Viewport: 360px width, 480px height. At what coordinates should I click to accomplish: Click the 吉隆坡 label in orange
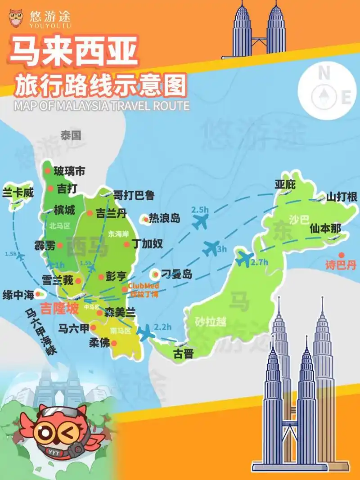point(59,309)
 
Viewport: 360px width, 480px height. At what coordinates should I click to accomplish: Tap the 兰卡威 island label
point(18,193)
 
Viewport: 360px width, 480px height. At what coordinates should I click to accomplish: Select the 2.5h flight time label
point(200,210)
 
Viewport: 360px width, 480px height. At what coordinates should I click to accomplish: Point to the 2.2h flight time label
point(163,327)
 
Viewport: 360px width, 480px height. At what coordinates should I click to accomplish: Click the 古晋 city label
point(183,354)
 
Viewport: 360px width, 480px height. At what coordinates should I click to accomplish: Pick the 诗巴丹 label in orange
point(341,265)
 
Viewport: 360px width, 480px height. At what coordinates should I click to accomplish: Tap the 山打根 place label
point(342,197)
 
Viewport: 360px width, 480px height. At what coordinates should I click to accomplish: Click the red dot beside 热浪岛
point(145,219)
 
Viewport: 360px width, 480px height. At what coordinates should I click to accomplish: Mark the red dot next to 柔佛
point(114,343)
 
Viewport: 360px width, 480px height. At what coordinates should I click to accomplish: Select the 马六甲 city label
point(74,328)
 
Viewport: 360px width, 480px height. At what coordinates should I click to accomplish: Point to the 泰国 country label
point(71,135)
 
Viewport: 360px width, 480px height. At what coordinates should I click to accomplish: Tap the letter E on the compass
point(346,97)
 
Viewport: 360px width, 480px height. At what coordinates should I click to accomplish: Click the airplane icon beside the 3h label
point(211,248)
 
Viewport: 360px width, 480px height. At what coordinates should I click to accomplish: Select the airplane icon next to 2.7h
point(244,258)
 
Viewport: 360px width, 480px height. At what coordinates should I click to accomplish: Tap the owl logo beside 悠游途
point(17,18)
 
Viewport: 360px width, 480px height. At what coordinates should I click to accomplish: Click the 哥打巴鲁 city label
point(134,195)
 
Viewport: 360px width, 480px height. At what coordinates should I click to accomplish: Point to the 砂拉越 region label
point(211,322)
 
